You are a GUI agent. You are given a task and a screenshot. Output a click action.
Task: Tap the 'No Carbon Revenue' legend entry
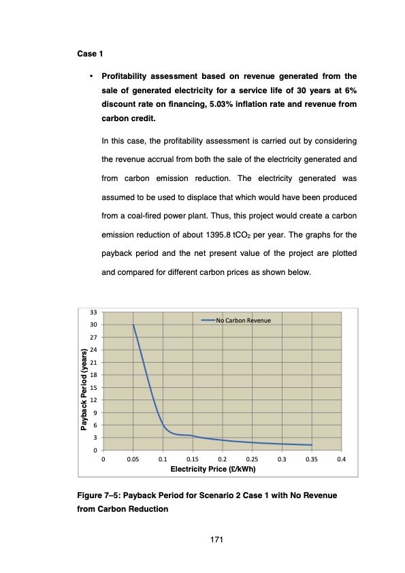(243, 320)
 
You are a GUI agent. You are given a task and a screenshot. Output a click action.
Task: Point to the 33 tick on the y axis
(94, 313)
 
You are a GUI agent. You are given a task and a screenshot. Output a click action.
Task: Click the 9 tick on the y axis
(94, 413)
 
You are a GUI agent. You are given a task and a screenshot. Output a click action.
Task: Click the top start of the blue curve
(133, 325)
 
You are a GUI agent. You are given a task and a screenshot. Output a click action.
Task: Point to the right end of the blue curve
(311, 445)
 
